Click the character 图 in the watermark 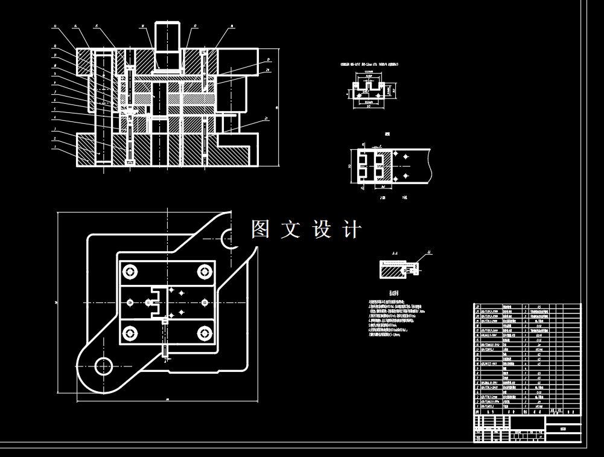click(260, 229)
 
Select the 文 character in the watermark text click(290, 229)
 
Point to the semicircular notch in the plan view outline click(230, 239)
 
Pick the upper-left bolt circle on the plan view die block click(130, 272)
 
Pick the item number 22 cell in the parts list click(478, 307)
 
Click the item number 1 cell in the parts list click(478, 406)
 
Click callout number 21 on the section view click(266, 120)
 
